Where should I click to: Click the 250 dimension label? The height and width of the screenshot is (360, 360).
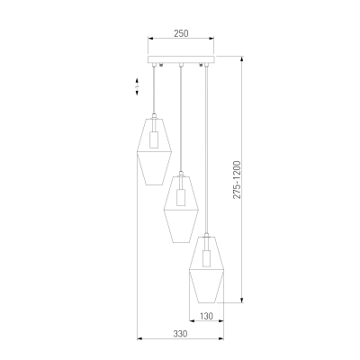(181, 33)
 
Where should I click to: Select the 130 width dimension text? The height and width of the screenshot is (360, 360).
(206, 316)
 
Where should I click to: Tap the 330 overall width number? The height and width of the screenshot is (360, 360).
(180, 334)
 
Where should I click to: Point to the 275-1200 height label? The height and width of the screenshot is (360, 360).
(237, 180)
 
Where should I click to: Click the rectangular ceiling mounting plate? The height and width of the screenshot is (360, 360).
(181, 59)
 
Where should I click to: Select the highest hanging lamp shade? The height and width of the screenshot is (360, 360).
(154, 151)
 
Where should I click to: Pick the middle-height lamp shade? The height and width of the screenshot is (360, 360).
(181, 209)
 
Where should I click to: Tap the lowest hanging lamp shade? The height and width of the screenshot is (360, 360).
(207, 269)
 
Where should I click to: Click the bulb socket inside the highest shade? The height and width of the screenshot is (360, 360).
(154, 139)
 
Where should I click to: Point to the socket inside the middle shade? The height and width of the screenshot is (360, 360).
(181, 197)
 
